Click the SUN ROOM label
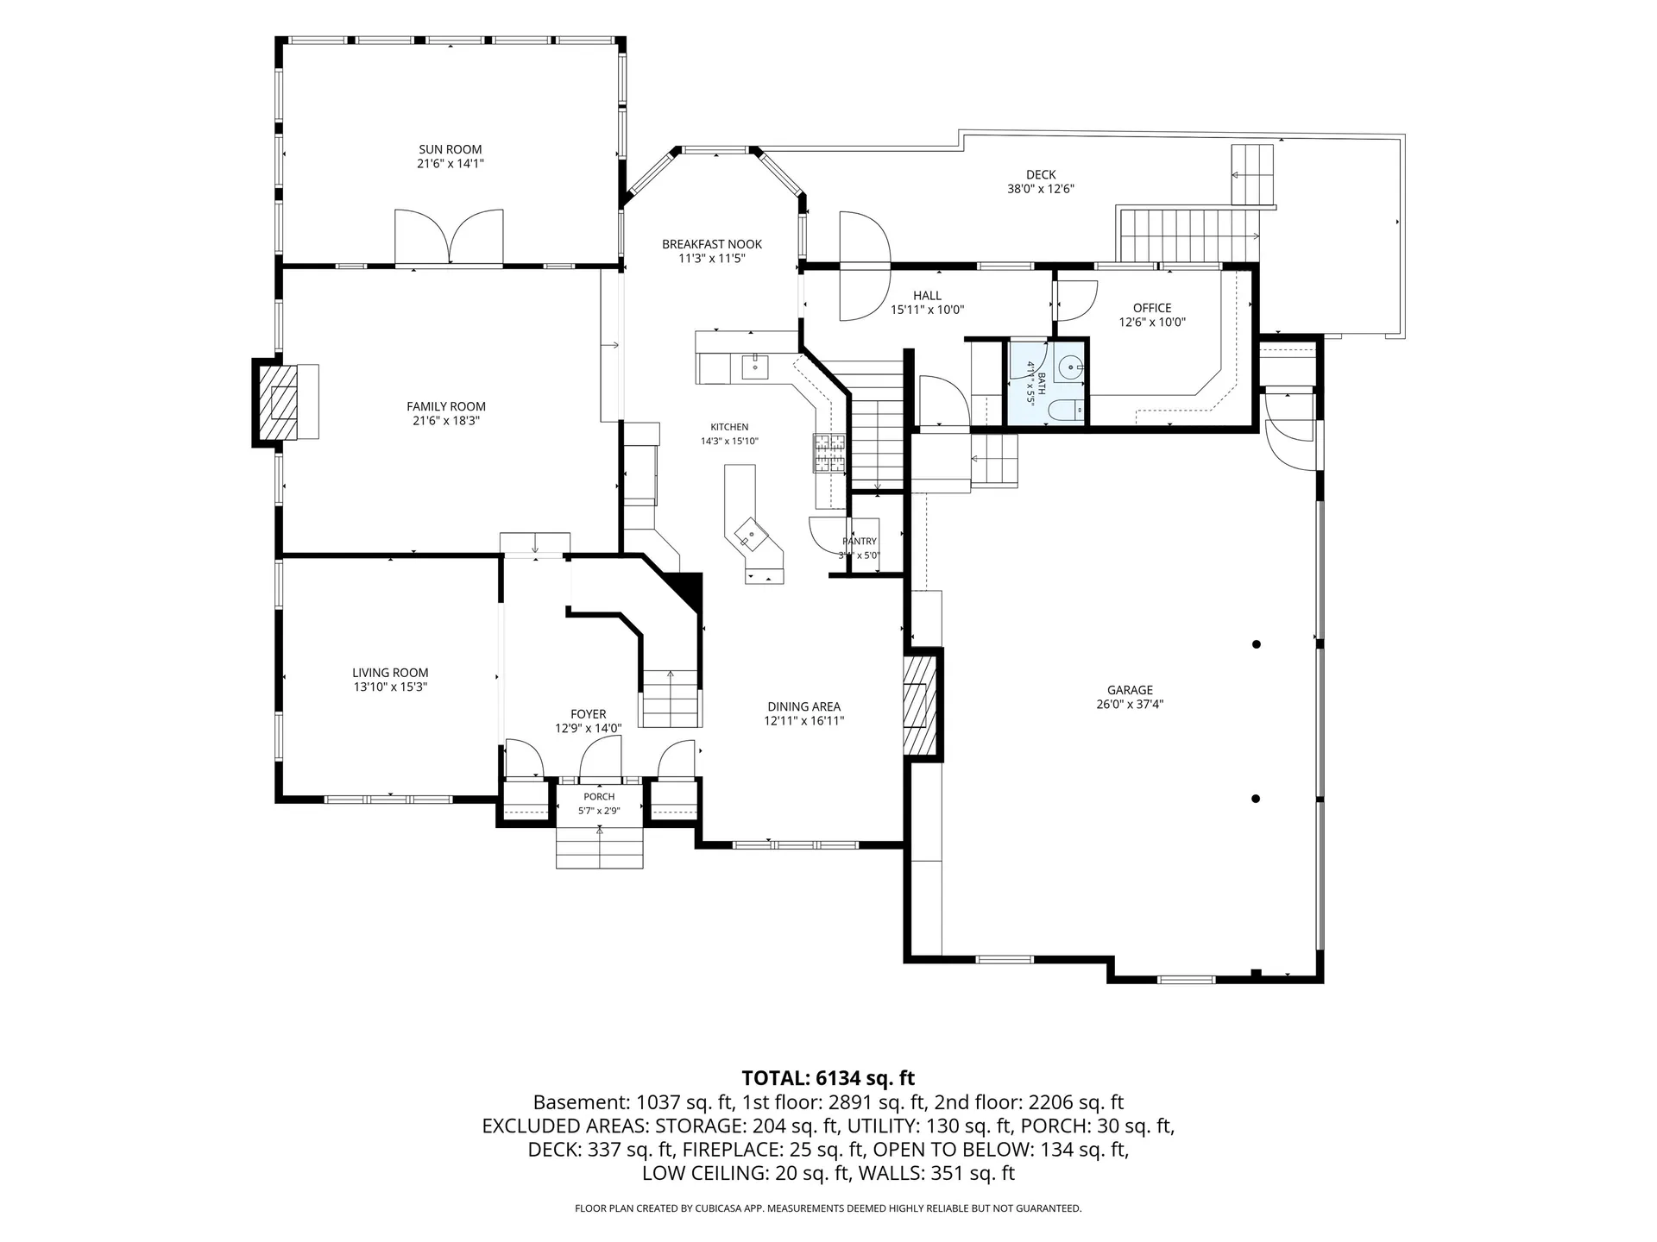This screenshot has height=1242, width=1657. click(x=450, y=149)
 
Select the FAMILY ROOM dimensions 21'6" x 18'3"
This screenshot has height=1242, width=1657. click(x=446, y=421)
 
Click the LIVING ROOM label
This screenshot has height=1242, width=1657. click(x=390, y=673)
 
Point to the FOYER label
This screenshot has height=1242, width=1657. click(x=588, y=714)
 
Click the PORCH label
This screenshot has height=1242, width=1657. click(x=599, y=797)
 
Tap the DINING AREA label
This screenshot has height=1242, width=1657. click(x=804, y=706)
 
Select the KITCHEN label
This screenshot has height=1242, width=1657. click(x=729, y=427)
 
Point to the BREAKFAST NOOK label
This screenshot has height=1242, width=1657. click(x=712, y=244)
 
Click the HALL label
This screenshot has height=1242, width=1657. click(x=927, y=296)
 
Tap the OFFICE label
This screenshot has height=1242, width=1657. click(x=1152, y=308)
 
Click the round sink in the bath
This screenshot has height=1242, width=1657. click(x=1071, y=367)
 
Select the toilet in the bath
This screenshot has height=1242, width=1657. click(x=1069, y=411)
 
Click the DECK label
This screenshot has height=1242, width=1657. click(x=1041, y=175)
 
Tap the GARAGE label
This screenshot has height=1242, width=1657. click(x=1130, y=690)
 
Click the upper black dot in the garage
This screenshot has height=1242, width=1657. click(x=1257, y=644)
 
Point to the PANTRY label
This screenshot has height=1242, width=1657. click(x=860, y=542)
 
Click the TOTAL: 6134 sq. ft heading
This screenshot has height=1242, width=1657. click(x=828, y=1078)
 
